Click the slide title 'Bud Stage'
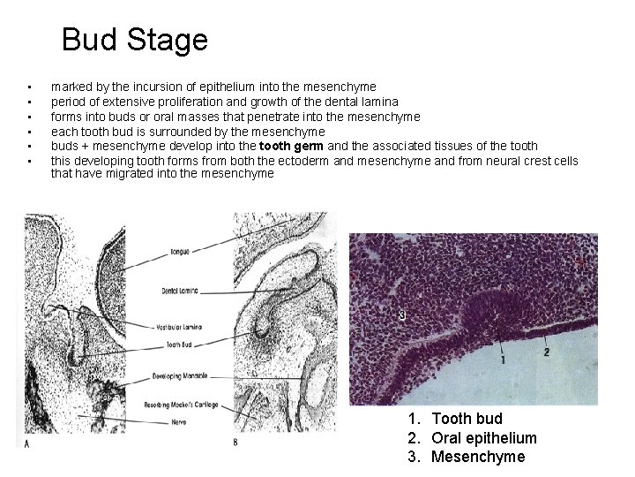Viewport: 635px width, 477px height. point(135,40)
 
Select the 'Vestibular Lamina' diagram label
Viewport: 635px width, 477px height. point(183,327)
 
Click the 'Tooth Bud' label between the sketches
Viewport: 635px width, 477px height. point(179,344)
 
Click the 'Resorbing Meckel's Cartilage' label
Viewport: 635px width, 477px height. point(182,405)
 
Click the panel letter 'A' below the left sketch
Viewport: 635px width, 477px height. point(27,443)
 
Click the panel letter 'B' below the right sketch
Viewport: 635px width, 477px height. point(235,442)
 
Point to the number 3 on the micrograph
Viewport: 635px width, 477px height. point(402,314)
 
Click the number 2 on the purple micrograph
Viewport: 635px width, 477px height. point(547,351)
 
